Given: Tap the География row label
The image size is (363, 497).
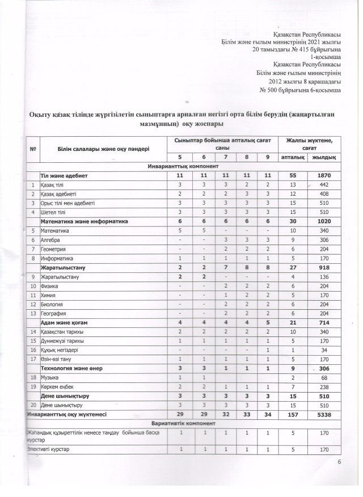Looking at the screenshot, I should tap(54, 314).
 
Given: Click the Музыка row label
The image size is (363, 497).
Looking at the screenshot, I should tap(50, 378).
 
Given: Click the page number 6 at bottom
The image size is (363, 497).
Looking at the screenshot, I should tap(339, 462).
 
